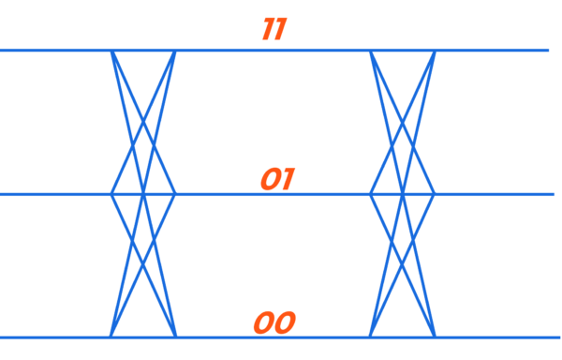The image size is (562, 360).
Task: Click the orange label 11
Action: pyautogui.click(x=274, y=29)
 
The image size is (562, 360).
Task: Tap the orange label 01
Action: pyautogui.click(x=276, y=179)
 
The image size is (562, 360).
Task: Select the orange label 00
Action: pyautogui.click(x=274, y=323)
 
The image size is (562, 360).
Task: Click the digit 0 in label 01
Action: pyautogui.click(x=270, y=179)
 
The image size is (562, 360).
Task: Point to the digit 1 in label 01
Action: pyautogui.click(x=287, y=179)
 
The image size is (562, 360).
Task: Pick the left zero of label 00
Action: pyautogui.click(x=263, y=323)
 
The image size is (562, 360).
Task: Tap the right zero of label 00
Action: pyautogui.click(x=284, y=323)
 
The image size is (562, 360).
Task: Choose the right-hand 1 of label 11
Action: pyautogui.click(x=279, y=29)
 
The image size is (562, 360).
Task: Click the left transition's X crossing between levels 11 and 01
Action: pyautogui.click(x=142, y=122)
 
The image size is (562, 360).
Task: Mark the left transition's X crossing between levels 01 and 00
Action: pyautogui.click(x=142, y=265)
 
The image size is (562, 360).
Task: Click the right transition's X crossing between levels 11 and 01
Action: pyautogui.click(x=402, y=122)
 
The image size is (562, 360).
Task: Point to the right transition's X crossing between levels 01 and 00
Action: pyautogui.click(x=402, y=265)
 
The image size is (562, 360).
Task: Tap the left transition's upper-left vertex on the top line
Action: pyautogui.click(x=111, y=51)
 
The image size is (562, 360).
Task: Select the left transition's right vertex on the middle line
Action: pyautogui.click(x=175, y=194)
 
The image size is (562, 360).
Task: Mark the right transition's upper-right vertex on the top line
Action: pyautogui.click(x=435, y=51)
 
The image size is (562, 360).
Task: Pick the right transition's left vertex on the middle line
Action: pyautogui.click(x=370, y=194)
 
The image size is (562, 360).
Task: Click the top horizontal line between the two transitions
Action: pyautogui.click(x=272, y=50)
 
